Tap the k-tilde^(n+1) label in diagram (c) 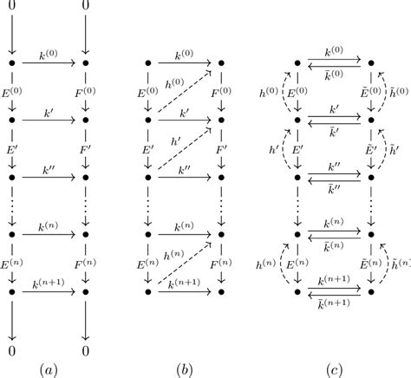coord(334,303)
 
